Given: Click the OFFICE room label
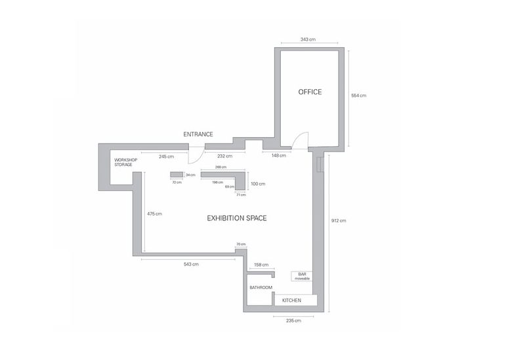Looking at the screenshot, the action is click(x=310, y=92).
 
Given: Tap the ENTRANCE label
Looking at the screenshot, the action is click(x=198, y=134).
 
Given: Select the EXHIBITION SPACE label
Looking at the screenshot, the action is click(x=237, y=218).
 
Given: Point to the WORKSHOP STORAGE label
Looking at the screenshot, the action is click(x=126, y=162).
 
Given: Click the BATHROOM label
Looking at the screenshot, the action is click(x=261, y=287).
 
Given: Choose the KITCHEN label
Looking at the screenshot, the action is click(x=292, y=300).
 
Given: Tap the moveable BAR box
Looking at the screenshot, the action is click(x=302, y=276).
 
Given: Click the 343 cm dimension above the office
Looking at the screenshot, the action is click(x=308, y=39).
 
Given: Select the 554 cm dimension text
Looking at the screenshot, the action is click(x=359, y=95).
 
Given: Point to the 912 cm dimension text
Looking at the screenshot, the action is click(x=339, y=221).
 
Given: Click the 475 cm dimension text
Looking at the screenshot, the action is click(x=155, y=214).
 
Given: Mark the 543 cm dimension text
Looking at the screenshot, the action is click(x=191, y=264).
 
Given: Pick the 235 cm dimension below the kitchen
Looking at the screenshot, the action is click(x=293, y=321).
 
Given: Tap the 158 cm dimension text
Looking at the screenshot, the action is click(x=261, y=265).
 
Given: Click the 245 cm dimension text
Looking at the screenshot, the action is click(x=167, y=157).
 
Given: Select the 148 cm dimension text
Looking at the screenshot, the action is click(x=279, y=155).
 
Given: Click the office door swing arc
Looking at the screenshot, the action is click(x=299, y=136).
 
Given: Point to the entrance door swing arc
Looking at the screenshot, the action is click(x=199, y=159).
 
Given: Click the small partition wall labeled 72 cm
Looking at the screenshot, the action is click(x=177, y=174).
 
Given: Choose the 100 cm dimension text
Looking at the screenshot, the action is click(x=258, y=184).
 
